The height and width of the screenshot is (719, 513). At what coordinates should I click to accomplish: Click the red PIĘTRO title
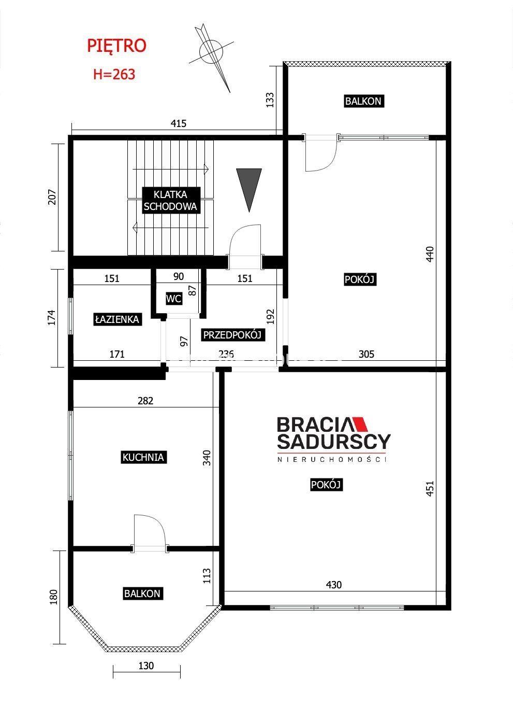pyautogui.click(x=116, y=46)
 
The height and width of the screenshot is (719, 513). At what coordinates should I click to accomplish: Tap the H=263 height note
pyautogui.click(x=114, y=75)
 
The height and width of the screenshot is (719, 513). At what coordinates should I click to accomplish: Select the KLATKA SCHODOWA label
pyautogui.click(x=170, y=201)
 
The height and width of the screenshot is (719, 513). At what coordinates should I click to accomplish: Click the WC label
pyautogui.click(x=174, y=299)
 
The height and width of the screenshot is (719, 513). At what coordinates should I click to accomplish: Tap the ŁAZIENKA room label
pyautogui.click(x=118, y=319)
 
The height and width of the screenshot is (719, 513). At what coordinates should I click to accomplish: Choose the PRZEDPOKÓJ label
pyautogui.click(x=232, y=335)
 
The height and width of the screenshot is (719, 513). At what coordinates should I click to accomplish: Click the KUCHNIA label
pyautogui.click(x=143, y=457)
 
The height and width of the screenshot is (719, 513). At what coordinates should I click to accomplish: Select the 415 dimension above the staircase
pyautogui.click(x=178, y=123)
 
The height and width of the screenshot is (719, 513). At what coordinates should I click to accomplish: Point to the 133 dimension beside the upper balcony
pyautogui.click(x=270, y=100)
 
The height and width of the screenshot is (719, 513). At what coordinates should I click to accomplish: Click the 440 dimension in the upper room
pyautogui.click(x=430, y=254)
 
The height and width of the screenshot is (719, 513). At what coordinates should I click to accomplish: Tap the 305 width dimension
pyautogui.click(x=366, y=354)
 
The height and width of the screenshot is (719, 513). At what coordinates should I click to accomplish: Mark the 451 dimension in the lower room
pyautogui.click(x=430, y=488)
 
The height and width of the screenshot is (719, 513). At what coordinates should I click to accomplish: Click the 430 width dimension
pyautogui.click(x=333, y=585)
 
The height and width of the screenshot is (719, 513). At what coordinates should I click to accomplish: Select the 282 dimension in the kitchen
pyautogui.click(x=145, y=401)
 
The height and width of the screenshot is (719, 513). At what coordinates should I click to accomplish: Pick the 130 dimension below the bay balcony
pyautogui.click(x=146, y=666)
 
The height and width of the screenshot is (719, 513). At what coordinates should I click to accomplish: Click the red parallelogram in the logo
pyautogui.click(x=361, y=424)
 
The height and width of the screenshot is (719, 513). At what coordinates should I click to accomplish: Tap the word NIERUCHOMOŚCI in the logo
pyautogui.click(x=331, y=460)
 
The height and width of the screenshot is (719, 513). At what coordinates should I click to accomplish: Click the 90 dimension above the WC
pyautogui.click(x=178, y=276)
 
